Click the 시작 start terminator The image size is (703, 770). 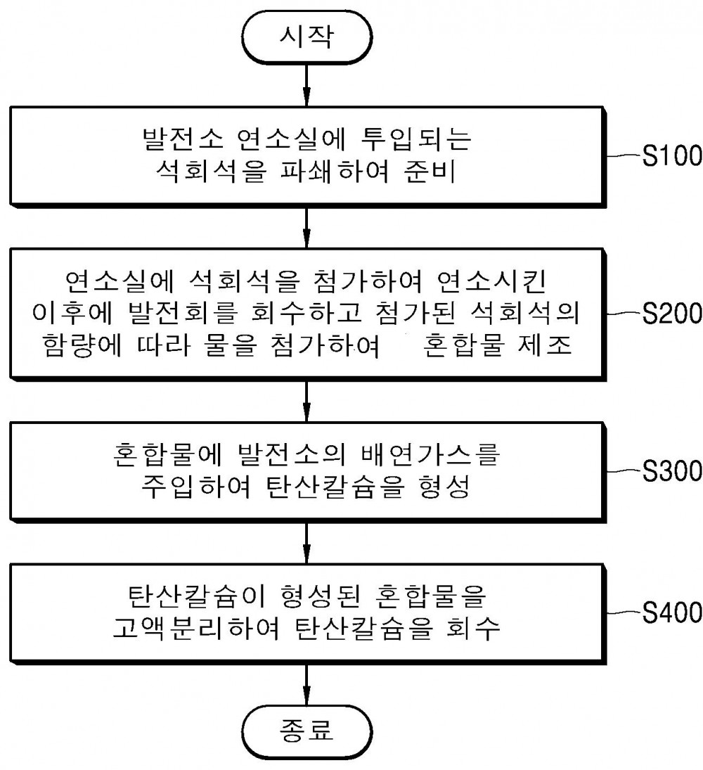coord(307,37)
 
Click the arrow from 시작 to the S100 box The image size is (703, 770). coord(307,85)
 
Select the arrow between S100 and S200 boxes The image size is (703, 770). coord(307,228)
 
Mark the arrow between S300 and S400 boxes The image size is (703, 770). coord(307,543)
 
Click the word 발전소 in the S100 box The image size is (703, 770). coord(183,139)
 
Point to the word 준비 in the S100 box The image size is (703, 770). coord(430,172)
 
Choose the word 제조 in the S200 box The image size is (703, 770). coord(545,345)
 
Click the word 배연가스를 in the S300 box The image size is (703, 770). coord(430,455)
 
